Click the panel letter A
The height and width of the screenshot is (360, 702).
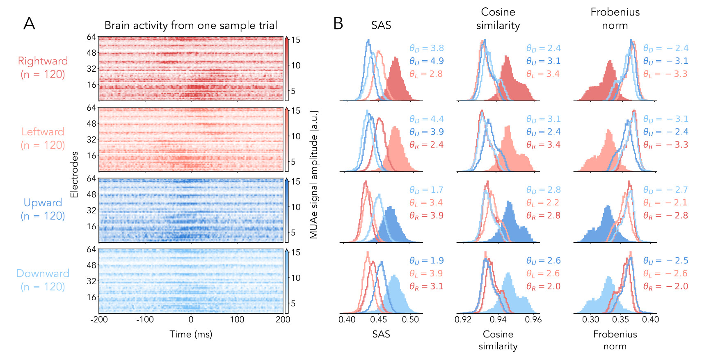pos(29,24)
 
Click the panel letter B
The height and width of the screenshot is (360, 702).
pos(338,24)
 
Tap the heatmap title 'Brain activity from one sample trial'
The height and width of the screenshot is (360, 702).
pos(191,25)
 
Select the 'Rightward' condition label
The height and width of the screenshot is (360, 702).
pos(43,61)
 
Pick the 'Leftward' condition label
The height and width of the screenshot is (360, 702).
pos(43,132)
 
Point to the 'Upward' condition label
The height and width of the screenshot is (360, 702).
pos(43,203)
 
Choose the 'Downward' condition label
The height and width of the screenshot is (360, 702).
pos(43,273)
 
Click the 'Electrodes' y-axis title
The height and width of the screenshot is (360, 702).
pos(74,175)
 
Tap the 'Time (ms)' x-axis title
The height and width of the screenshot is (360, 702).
pos(191,334)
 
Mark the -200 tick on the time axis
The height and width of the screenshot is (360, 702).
pos(99,319)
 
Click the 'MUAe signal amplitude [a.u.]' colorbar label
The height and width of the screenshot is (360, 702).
pos(314,175)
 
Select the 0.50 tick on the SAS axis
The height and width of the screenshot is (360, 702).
pos(410,319)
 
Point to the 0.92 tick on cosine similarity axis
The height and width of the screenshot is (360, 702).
pos(463,319)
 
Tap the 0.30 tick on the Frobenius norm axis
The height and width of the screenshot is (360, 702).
pos(590,319)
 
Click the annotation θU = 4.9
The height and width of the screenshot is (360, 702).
pos(426,61)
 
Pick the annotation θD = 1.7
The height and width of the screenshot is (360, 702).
pos(426,190)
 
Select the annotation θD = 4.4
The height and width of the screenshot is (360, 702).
pos(426,119)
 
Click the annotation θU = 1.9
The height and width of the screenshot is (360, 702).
pos(426,261)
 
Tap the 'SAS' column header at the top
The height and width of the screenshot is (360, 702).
pos(381,25)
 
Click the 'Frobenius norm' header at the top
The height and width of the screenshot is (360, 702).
pos(615,18)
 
